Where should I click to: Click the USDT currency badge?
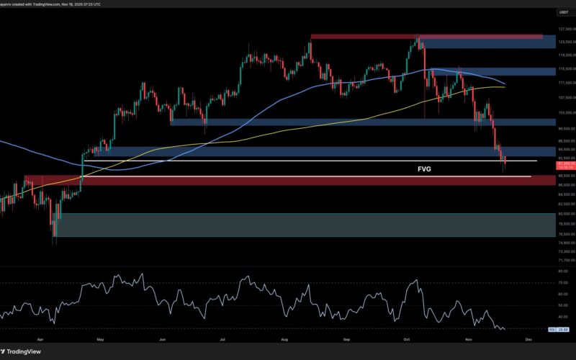coord(563,12)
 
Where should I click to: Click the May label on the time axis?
coord(100,338)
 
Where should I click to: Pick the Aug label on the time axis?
coord(284,338)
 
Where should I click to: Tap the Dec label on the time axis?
coord(528,338)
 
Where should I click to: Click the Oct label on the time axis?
coord(407,338)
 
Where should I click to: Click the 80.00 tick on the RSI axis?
coord(564,271)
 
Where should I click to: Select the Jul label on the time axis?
coord(223,338)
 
